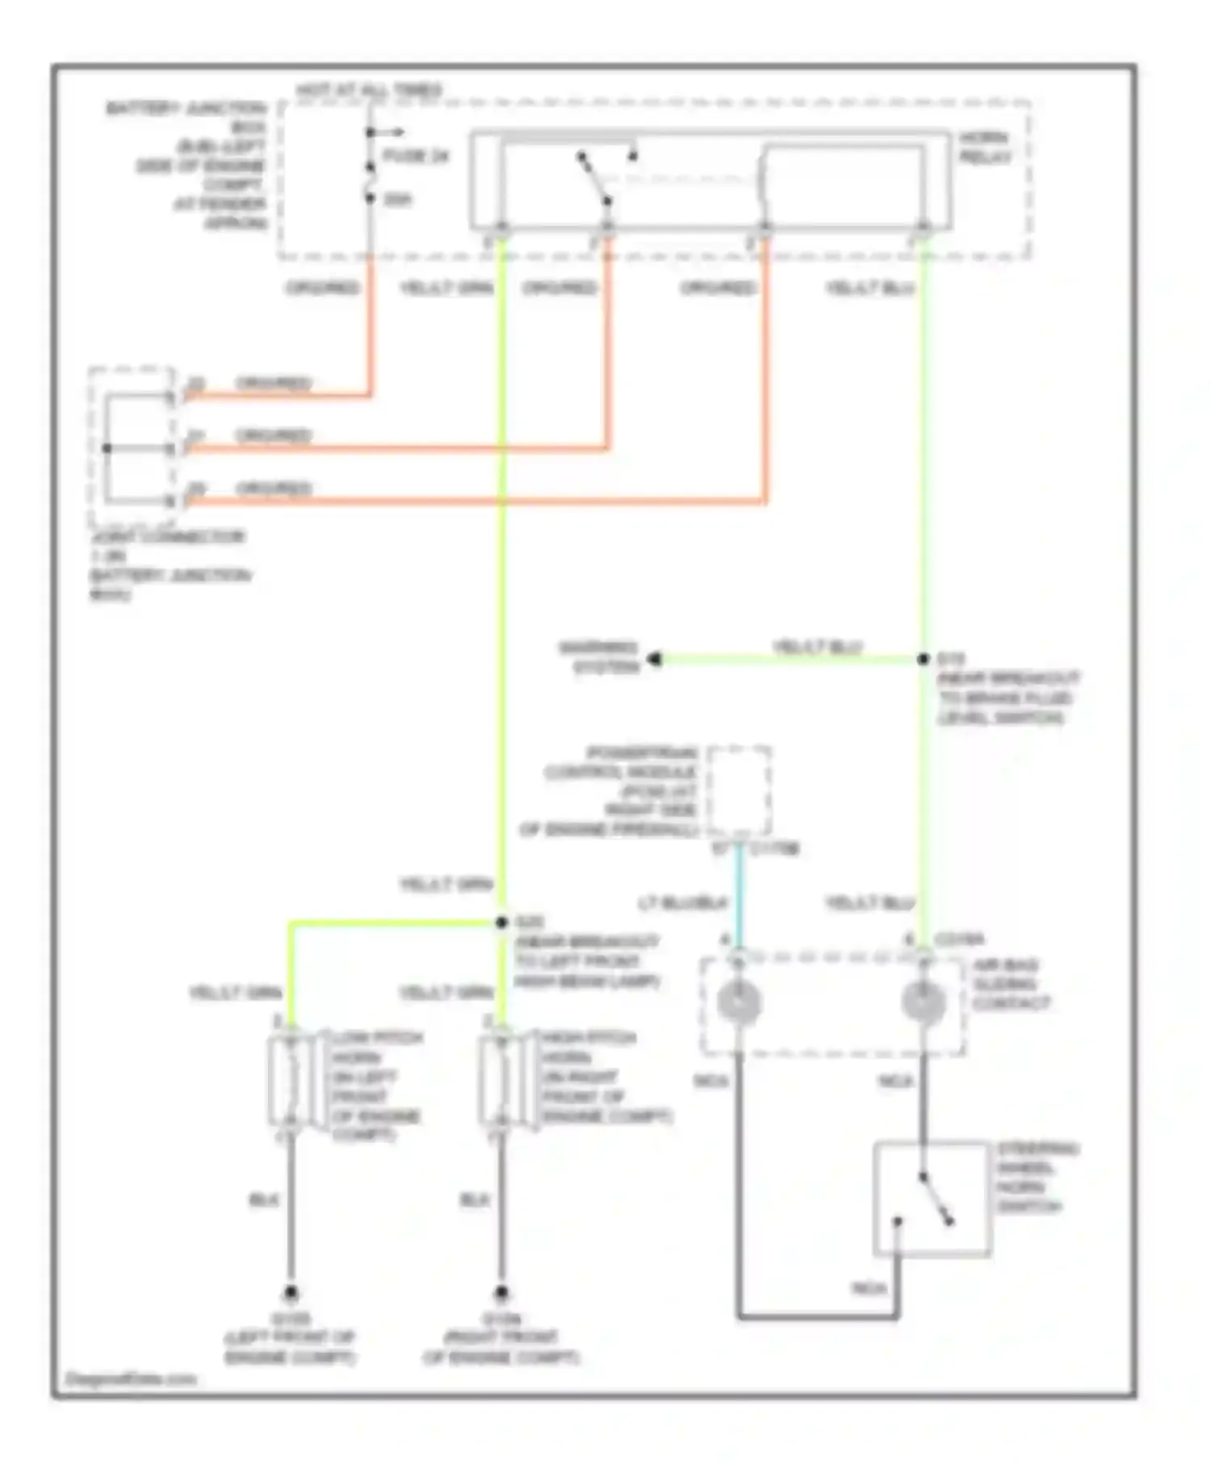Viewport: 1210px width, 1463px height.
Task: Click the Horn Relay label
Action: pyautogui.click(x=984, y=148)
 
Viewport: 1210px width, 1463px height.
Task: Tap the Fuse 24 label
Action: pyautogui.click(x=415, y=156)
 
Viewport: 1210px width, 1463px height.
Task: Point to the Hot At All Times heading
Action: pyautogui.click(x=369, y=90)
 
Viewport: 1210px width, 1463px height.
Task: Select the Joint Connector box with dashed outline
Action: pyautogui.click(x=131, y=446)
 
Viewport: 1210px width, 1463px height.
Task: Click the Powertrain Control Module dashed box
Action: pyautogui.click(x=739, y=790)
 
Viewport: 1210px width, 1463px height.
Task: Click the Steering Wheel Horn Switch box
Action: pyautogui.click(x=932, y=1198)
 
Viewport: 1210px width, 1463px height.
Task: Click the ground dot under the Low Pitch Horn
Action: pyautogui.click(x=290, y=1294)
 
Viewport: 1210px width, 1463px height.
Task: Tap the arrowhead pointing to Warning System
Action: pyautogui.click(x=655, y=659)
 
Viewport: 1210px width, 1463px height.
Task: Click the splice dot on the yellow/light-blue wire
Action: pyautogui.click(x=924, y=659)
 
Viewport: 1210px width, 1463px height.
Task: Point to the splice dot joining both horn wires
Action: pyautogui.click(x=502, y=922)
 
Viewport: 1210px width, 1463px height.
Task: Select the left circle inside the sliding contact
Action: pyautogui.click(x=739, y=1002)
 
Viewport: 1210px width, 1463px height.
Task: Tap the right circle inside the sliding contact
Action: pyautogui.click(x=924, y=1002)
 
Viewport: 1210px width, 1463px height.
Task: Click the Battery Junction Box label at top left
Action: pyautogui.click(x=186, y=165)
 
